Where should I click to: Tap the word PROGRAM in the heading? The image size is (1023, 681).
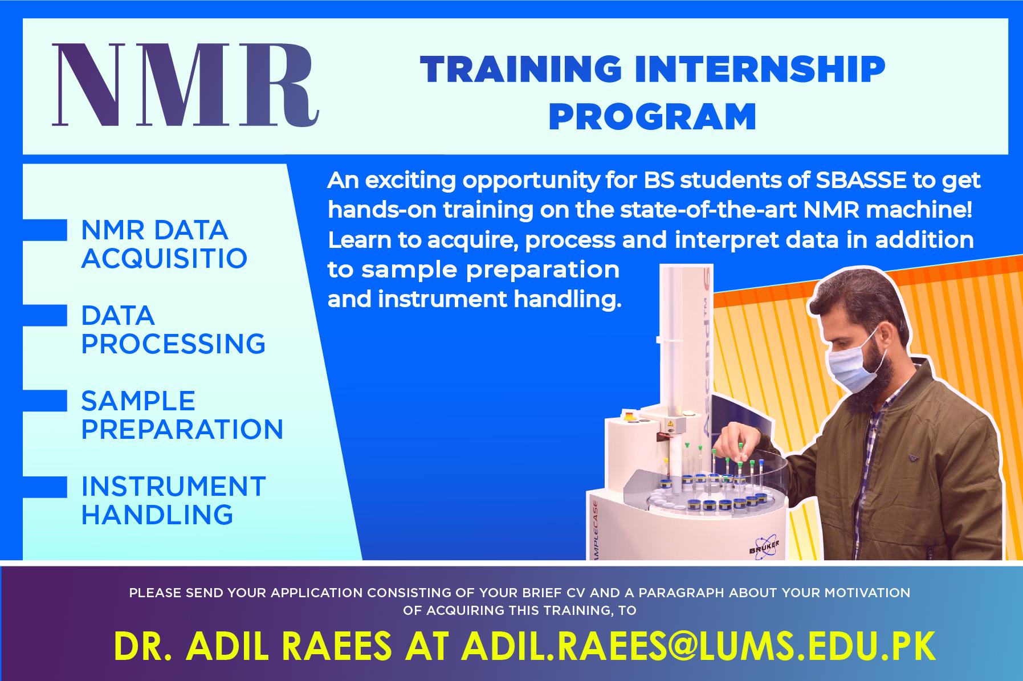point(653,116)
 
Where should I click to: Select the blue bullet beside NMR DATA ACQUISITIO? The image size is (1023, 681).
point(45,230)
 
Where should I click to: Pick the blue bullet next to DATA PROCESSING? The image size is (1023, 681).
point(45,316)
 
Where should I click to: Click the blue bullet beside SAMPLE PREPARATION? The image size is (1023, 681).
point(45,401)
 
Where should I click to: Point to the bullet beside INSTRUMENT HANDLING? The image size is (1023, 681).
point(45,487)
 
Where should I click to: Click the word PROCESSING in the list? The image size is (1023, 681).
point(173,344)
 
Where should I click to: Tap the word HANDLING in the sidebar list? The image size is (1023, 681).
point(157,514)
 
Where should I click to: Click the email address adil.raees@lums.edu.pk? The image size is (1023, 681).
point(700,646)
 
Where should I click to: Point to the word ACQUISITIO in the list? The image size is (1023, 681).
point(164,258)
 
